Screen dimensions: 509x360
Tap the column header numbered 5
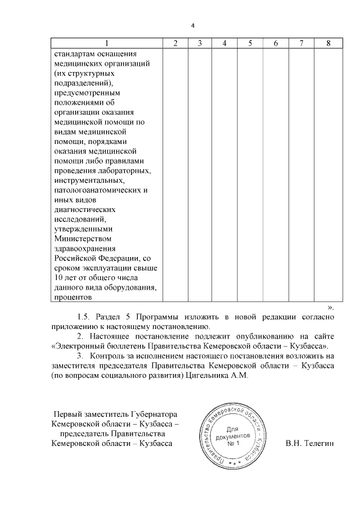(x=249, y=44)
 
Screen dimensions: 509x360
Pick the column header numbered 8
(x=328, y=44)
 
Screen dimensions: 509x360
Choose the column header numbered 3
(x=200, y=44)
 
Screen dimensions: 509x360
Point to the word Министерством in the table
(x=80, y=238)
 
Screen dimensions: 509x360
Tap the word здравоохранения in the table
(x=85, y=248)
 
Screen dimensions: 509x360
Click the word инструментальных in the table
(x=89, y=181)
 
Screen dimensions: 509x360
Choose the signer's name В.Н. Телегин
(x=309, y=444)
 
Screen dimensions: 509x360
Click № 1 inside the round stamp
(x=233, y=444)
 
